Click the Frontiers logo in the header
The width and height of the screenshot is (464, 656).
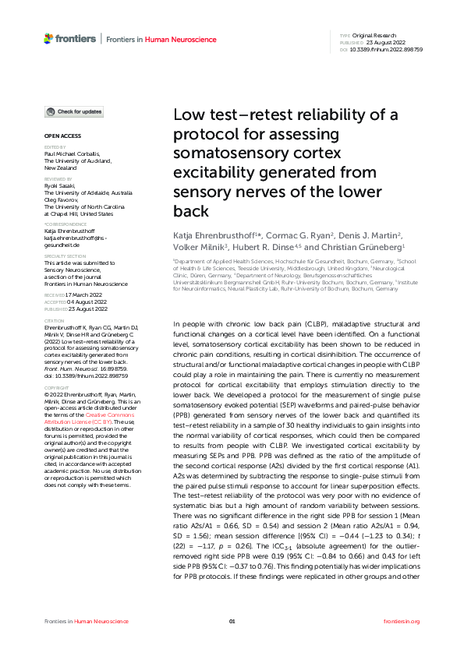70,38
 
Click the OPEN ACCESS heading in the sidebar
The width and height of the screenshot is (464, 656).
62,136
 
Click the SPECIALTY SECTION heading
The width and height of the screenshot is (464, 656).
65,256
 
